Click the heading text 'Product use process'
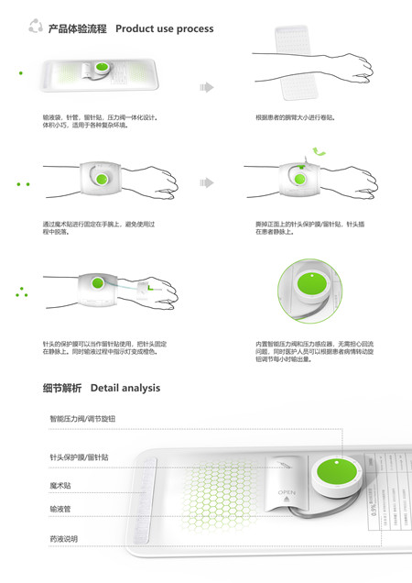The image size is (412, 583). (165, 28)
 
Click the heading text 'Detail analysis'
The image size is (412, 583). (125, 388)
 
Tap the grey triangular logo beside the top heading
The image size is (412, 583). (36, 27)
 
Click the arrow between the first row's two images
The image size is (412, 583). (206, 87)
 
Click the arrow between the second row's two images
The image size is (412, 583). (208, 182)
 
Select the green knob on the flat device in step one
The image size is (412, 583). (101, 71)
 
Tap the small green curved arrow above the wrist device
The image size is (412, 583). (317, 151)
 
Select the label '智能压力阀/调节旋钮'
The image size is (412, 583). (82, 419)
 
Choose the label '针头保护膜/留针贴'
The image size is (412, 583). (79, 456)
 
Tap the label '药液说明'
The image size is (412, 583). (63, 537)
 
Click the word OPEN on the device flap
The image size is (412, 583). (286, 492)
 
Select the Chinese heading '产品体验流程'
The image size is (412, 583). (77, 28)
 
